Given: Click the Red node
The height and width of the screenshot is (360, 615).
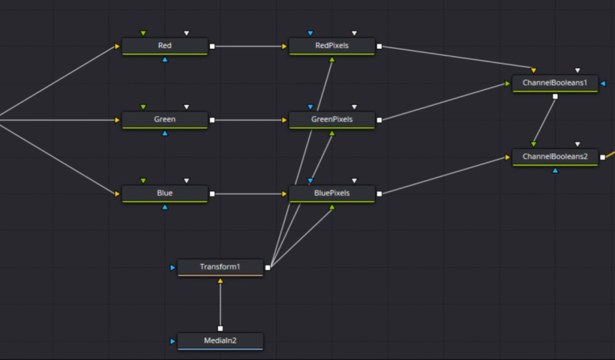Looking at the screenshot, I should click(x=165, y=46).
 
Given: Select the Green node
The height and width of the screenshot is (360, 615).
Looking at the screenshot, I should click(x=165, y=119).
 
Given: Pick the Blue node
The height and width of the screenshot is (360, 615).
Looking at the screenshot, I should click(x=165, y=193).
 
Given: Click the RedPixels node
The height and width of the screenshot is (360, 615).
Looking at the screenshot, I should click(x=331, y=46).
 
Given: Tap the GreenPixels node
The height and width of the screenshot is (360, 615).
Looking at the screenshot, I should click(x=331, y=119).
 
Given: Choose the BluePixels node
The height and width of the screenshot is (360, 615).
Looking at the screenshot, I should click(x=331, y=193).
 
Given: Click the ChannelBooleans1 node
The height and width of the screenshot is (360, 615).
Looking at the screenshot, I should click(x=555, y=82).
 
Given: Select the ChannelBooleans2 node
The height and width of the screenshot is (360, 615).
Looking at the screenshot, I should click(x=555, y=157).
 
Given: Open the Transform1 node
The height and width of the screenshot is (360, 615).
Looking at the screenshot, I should click(x=220, y=267).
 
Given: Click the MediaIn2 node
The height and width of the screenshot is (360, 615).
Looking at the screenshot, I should click(x=220, y=341).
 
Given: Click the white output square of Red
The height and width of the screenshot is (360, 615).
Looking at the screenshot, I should click(x=212, y=46).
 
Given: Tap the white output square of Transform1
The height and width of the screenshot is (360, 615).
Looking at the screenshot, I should click(x=268, y=267).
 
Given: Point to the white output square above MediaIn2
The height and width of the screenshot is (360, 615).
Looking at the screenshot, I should click(x=220, y=328).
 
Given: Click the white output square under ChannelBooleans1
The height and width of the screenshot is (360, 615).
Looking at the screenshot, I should click(x=555, y=96).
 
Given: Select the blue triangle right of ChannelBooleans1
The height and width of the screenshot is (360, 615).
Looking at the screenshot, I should click(x=603, y=83).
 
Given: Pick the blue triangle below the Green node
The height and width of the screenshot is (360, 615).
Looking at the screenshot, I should click(x=165, y=133).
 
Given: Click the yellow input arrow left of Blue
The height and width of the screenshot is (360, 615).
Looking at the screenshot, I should click(x=117, y=193).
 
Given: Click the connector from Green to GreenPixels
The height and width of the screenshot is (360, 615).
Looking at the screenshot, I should click(x=250, y=119).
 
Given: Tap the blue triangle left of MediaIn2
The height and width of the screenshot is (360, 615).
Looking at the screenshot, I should click(x=172, y=341).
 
